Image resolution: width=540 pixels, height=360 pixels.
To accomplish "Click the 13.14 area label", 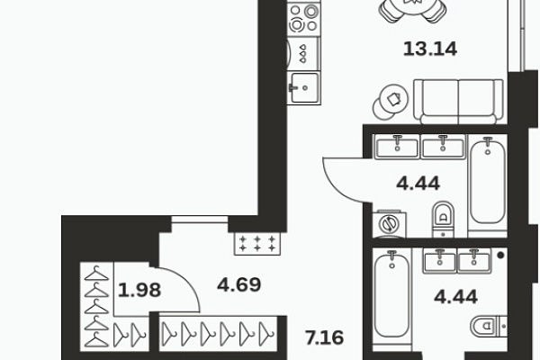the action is click(430, 49).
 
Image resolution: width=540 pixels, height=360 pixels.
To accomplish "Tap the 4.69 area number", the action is click(239, 285).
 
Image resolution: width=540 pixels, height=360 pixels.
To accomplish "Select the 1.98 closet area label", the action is click(139, 290).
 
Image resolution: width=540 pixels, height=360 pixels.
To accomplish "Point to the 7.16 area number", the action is click(325, 337).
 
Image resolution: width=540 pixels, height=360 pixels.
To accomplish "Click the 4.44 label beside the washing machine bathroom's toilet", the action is click(418, 184).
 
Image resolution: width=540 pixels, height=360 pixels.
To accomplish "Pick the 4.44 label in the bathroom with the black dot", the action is click(456, 297).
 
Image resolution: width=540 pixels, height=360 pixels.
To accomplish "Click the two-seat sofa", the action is click(458, 102).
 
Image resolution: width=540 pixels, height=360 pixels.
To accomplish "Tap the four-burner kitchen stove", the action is click(304, 18).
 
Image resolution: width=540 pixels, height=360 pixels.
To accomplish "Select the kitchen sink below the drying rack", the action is click(304, 88).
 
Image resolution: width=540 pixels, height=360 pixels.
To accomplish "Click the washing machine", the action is click(389, 224).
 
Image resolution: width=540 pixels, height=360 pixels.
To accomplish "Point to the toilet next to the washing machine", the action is click(443, 220).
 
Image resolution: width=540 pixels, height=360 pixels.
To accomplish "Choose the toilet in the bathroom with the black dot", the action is click(489, 326).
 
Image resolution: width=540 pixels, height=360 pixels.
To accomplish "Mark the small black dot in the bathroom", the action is click(501, 256).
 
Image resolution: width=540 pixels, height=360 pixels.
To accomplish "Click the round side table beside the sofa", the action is click(391, 102).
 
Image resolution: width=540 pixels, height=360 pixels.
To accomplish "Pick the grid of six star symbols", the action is click(257, 243).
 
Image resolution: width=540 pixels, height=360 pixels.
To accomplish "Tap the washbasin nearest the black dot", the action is click(474, 261).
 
